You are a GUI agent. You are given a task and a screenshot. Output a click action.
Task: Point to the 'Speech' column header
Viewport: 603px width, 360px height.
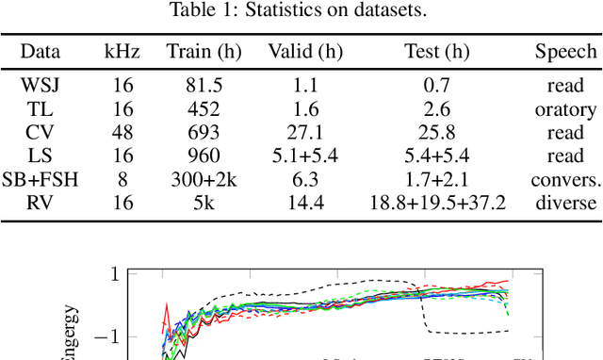pyautogui.click(x=566, y=52)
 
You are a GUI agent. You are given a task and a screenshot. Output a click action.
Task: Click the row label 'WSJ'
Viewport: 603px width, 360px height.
pyautogui.click(x=41, y=86)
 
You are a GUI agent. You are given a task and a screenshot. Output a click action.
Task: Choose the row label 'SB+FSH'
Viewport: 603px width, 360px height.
pyautogui.click(x=41, y=179)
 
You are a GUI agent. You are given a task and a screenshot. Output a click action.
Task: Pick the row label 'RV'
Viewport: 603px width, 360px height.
pyautogui.click(x=41, y=203)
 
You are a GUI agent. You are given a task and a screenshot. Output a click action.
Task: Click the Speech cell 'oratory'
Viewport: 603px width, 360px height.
pyautogui.click(x=566, y=109)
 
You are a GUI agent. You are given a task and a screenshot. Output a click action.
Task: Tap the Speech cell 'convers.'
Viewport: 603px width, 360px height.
pyautogui.click(x=566, y=179)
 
